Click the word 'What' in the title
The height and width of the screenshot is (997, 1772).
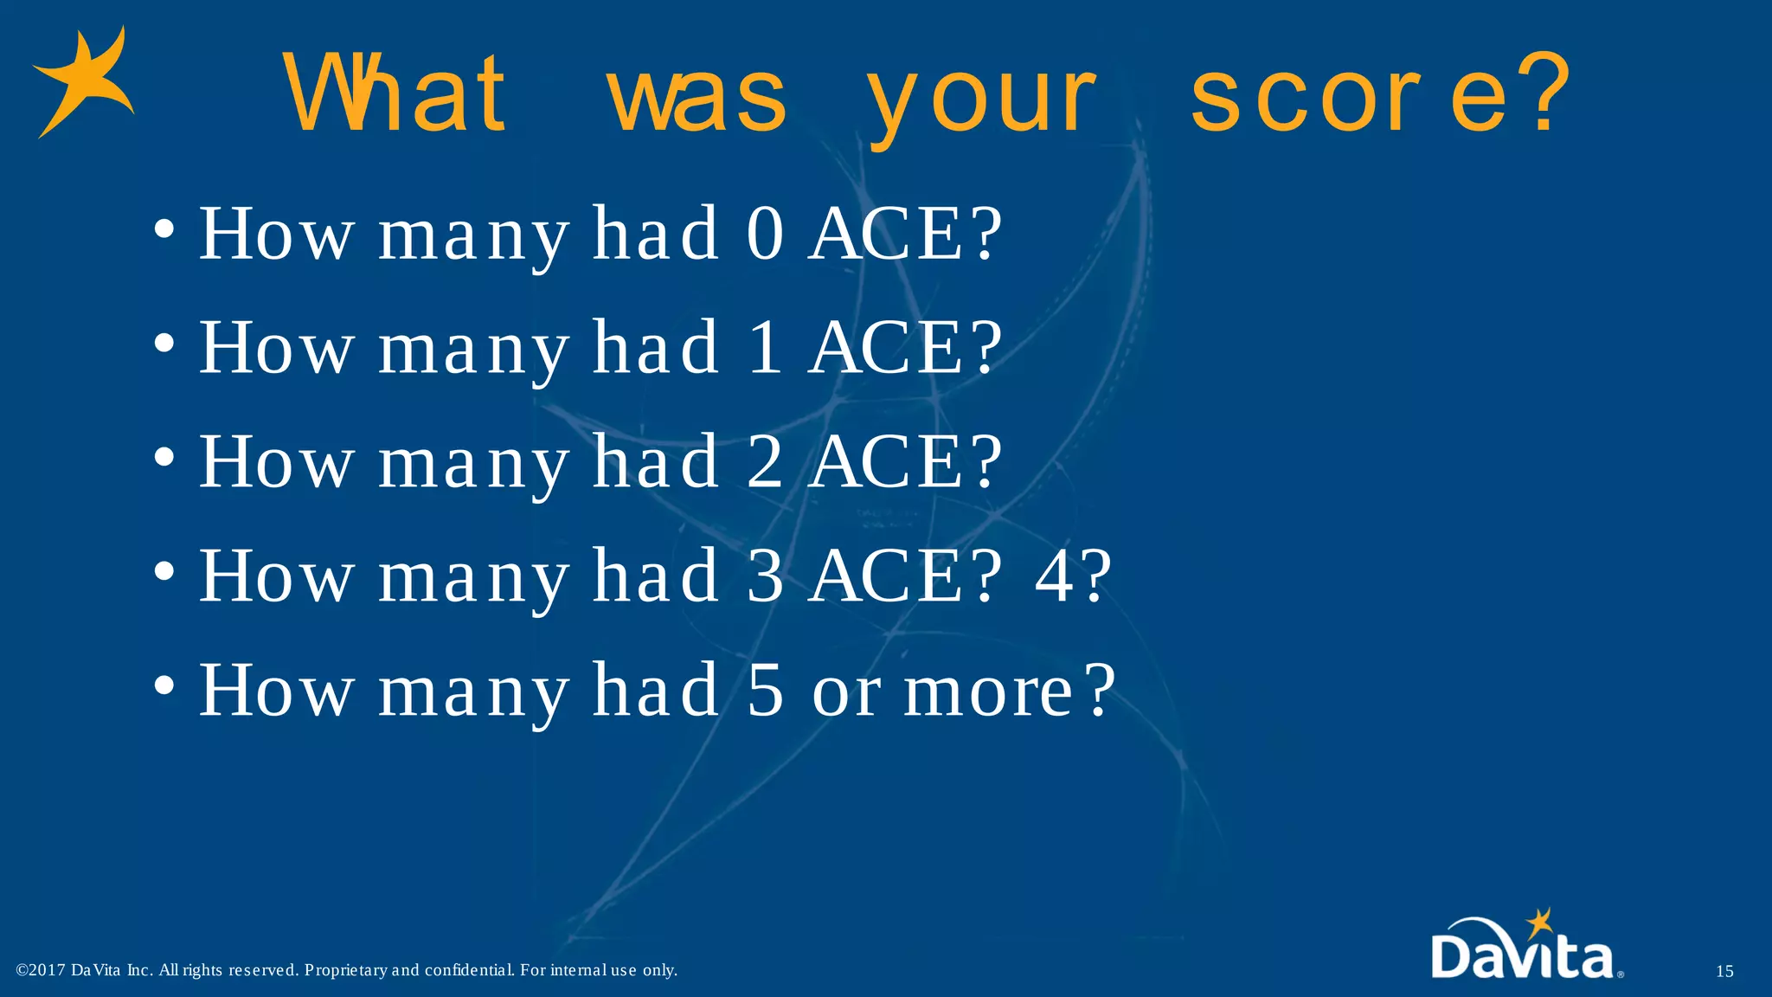point(395,93)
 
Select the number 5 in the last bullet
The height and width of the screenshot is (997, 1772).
point(765,690)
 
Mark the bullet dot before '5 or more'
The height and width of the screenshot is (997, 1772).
point(164,686)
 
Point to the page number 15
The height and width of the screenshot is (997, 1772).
point(1724,972)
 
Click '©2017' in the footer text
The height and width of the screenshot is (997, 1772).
point(41,970)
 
